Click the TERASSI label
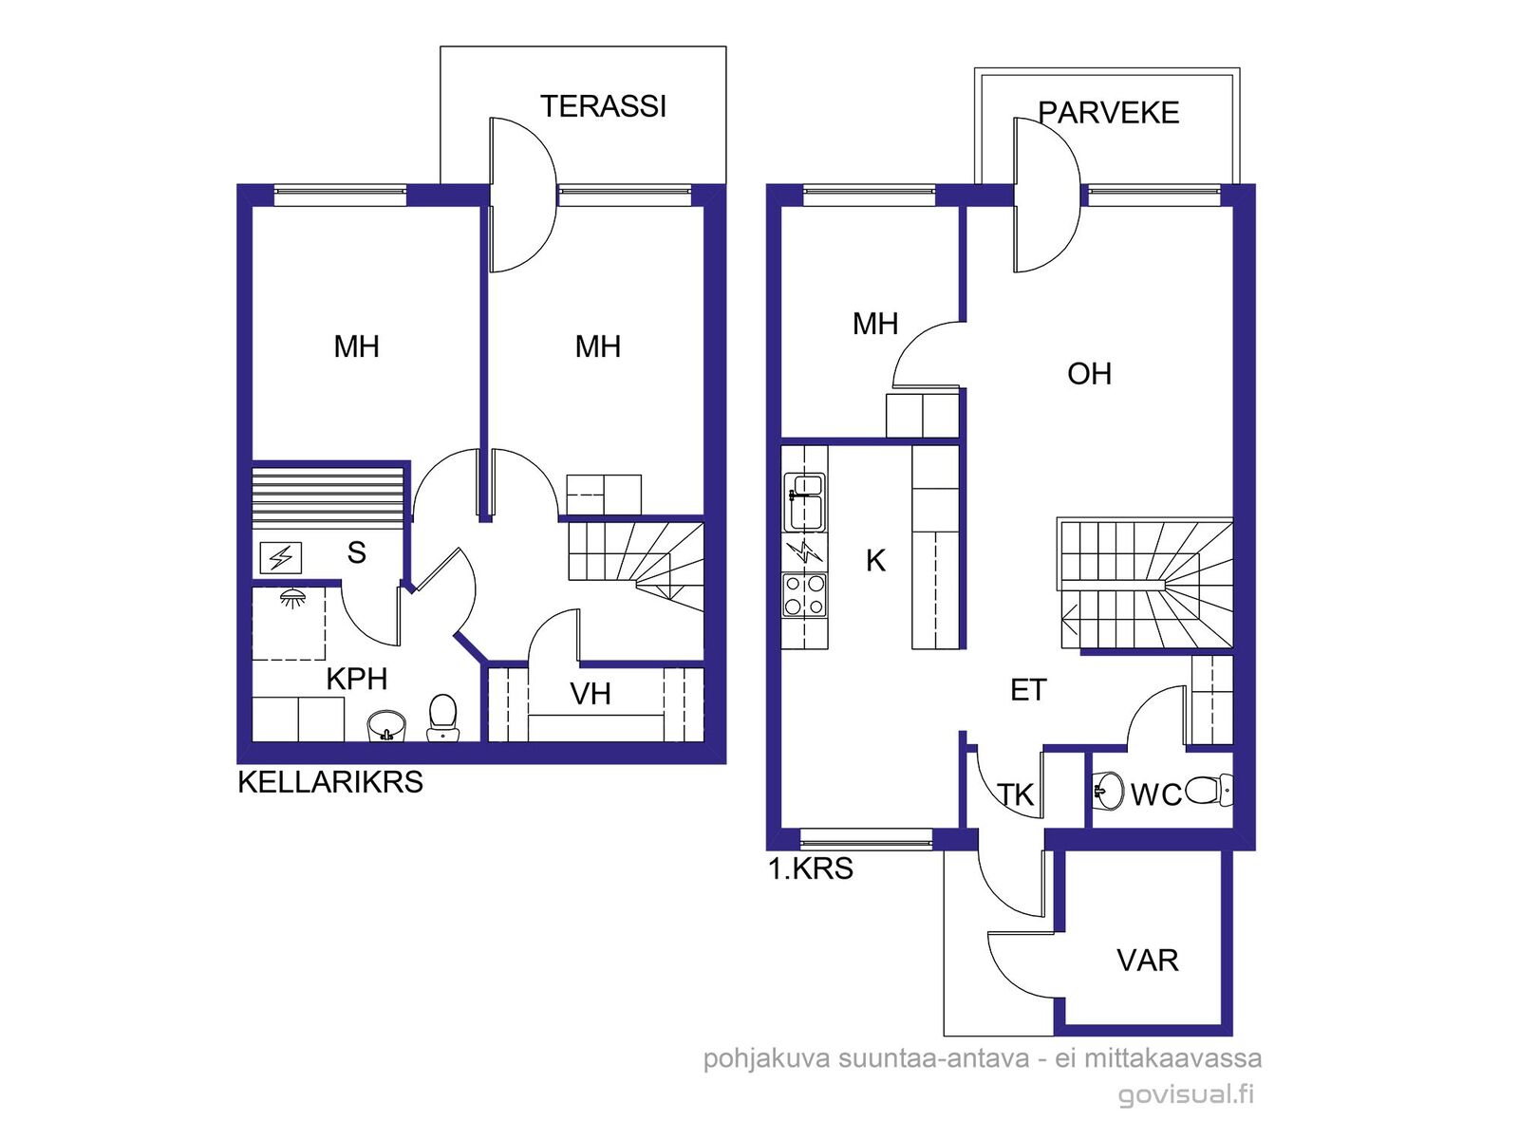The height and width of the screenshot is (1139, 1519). tap(603, 106)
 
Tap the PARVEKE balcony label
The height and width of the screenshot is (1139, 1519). tap(1109, 113)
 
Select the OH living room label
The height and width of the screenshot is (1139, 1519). tap(1089, 374)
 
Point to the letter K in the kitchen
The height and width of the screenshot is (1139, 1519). tap(875, 561)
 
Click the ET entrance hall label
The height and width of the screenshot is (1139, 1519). tap(1028, 690)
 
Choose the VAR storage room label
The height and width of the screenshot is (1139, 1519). tap(1148, 961)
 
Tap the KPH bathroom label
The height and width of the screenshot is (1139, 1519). tap(356, 679)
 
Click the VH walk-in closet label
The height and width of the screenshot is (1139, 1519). tap(591, 695)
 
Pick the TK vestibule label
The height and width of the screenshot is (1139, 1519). tap(1016, 795)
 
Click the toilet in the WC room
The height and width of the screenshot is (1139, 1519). tap(1210, 791)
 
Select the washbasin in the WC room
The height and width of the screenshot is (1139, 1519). tap(1108, 790)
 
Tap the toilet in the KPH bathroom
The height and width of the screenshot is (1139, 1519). tap(442, 718)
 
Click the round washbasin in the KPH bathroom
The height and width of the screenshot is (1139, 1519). tap(386, 726)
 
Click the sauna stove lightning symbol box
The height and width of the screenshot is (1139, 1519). tap(281, 557)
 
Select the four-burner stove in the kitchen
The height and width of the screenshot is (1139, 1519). tap(804, 595)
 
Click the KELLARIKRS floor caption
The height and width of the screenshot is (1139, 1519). tap(330, 782)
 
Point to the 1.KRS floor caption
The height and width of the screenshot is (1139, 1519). tap(811, 868)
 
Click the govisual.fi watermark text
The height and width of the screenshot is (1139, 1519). tap(1186, 1095)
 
